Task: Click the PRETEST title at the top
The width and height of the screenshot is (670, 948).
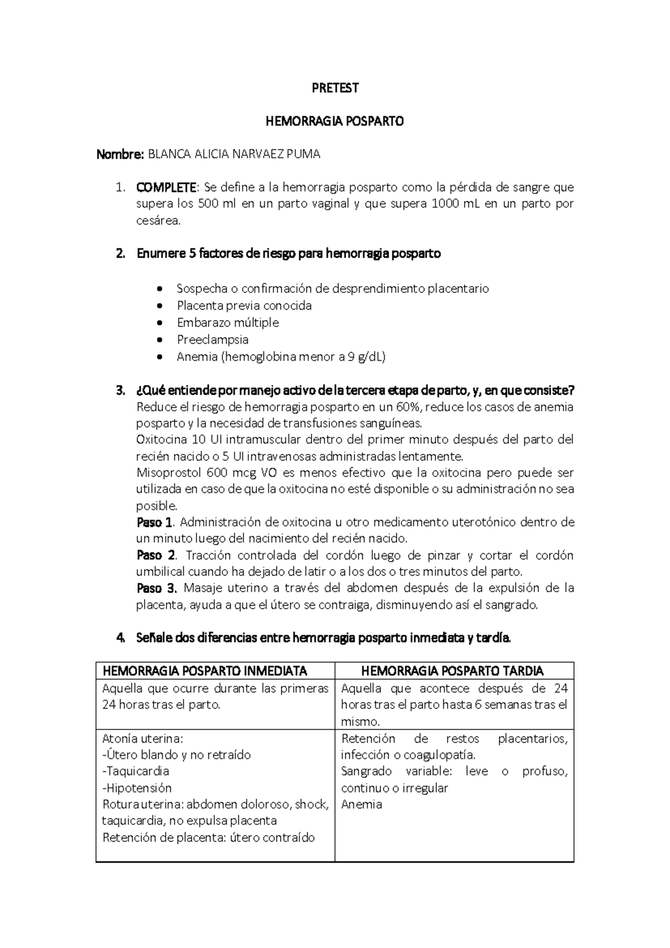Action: pyautogui.click(x=334, y=88)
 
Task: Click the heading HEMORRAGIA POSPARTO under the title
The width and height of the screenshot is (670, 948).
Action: pyautogui.click(x=334, y=121)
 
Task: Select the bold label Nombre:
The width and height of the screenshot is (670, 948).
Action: pyautogui.click(x=120, y=154)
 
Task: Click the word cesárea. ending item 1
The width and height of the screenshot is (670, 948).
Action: pyautogui.click(x=159, y=220)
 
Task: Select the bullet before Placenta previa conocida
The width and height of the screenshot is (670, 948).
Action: pyautogui.click(x=161, y=306)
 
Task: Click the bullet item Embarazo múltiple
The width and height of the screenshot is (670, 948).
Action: pyautogui.click(x=227, y=323)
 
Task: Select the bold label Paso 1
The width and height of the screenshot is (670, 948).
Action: pyautogui.click(x=155, y=522)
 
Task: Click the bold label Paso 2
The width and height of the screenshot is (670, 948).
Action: pyautogui.click(x=156, y=555)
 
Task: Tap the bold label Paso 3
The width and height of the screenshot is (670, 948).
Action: pyautogui.click(x=156, y=588)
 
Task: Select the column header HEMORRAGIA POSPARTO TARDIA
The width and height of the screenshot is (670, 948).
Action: pyautogui.click(x=452, y=670)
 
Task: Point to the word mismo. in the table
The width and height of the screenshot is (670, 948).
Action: pyautogui.click(x=360, y=721)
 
